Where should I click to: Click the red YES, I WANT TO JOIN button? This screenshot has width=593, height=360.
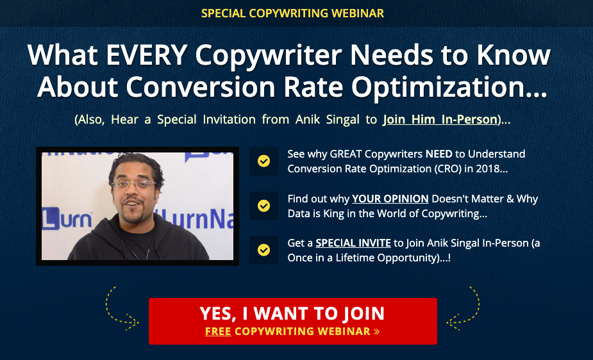pyautogui.click(x=293, y=321)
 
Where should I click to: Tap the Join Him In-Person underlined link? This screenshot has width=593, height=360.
pyautogui.click(x=440, y=120)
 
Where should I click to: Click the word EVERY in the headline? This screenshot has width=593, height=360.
pyautogui.click(x=146, y=55)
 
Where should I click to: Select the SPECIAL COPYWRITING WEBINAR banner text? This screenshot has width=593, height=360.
pyautogui.click(x=292, y=13)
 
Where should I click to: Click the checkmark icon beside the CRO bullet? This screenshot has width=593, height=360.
pyautogui.click(x=263, y=161)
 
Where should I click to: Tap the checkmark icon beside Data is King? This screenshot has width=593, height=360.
pyautogui.click(x=263, y=206)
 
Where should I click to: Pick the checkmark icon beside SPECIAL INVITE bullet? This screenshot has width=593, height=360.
pyautogui.click(x=263, y=250)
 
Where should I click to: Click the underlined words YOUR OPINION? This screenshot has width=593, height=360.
pyautogui.click(x=390, y=199)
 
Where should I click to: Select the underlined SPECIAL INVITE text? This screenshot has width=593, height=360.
pyautogui.click(x=353, y=243)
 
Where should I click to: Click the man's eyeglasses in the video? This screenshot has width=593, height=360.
pyautogui.click(x=134, y=184)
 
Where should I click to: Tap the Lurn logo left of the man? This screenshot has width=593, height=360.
pyautogui.click(x=67, y=218)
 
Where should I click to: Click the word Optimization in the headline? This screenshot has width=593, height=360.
pyautogui.click(x=449, y=88)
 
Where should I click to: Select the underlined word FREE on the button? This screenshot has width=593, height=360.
pyautogui.click(x=218, y=331)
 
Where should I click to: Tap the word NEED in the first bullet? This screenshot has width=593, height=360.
pyautogui.click(x=438, y=154)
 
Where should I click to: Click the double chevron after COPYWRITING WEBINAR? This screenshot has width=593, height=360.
pyautogui.click(x=376, y=332)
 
